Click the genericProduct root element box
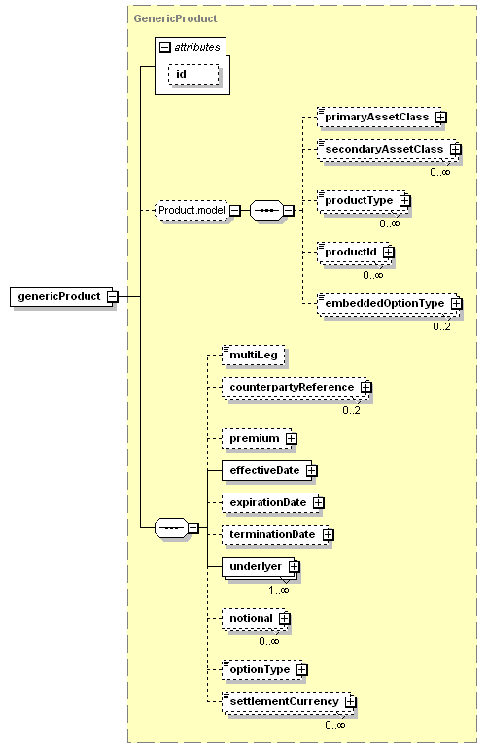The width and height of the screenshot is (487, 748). point(61,296)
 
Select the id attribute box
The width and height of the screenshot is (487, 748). point(193,75)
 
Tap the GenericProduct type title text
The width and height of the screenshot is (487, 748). point(175,18)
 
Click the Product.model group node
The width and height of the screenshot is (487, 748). point(191,211)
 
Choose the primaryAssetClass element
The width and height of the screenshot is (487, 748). point(379,117)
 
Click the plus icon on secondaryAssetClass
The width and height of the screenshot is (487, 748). point(456,150)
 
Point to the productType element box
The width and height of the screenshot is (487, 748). point(361,200)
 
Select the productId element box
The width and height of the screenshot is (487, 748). point(353,252)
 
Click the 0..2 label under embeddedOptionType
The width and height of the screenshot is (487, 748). point(441,326)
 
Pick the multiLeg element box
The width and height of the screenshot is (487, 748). point(254,355)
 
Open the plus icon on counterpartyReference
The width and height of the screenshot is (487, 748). point(365,388)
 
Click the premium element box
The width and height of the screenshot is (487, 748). point(257,438)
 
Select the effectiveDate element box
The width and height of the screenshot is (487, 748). point(267,471)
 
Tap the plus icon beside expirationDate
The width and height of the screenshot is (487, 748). point(319,503)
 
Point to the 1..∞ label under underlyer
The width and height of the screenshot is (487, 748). point(278,590)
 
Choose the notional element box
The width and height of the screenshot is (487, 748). point(254,618)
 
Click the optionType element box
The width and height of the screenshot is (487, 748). point(262,669)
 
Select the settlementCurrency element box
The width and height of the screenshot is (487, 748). point(287,701)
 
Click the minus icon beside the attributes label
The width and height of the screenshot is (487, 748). point(164,48)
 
